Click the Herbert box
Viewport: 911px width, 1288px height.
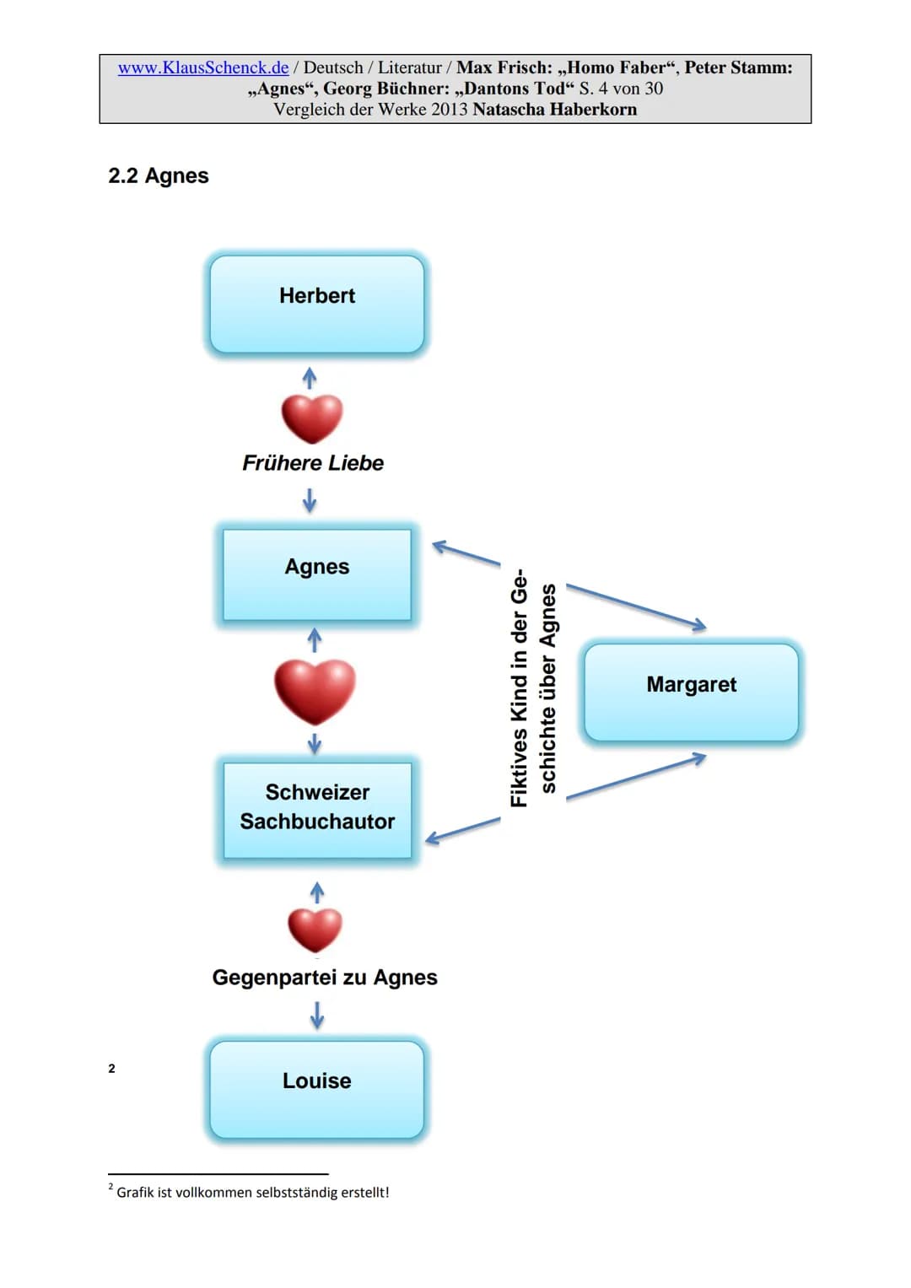(317, 304)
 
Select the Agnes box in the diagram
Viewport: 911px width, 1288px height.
(317, 574)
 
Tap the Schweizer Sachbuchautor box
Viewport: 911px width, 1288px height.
(317, 811)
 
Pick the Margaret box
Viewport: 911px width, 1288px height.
(692, 693)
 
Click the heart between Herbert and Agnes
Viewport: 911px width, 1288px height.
(312, 418)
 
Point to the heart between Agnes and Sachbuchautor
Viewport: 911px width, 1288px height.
(315, 692)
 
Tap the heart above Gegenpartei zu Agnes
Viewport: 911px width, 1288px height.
(315, 930)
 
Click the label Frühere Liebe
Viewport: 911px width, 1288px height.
(313, 463)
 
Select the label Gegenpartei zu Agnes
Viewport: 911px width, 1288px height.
(325, 978)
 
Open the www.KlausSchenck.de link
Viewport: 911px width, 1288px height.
(203, 67)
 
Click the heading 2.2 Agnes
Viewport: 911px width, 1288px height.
(159, 175)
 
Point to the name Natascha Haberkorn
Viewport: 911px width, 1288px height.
(554, 110)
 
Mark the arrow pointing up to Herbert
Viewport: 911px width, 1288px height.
(310, 378)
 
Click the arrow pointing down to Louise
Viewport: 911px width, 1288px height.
(317, 1015)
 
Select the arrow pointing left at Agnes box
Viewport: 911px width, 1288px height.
(466, 552)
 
